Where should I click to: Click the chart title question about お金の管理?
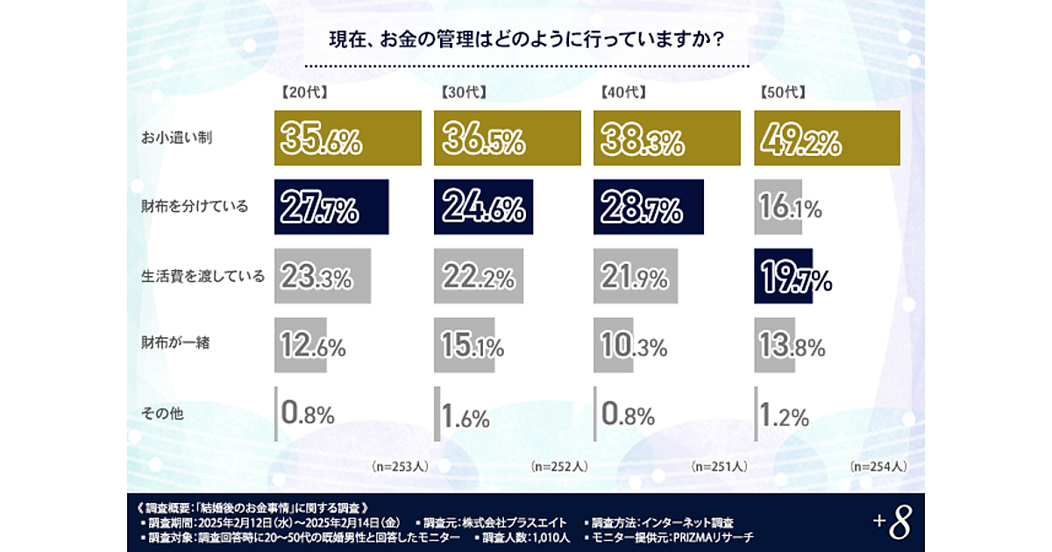(x=526, y=41)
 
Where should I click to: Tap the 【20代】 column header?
(x=303, y=91)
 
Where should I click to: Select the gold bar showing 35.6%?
(x=347, y=138)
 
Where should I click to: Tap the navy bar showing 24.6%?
(x=483, y=207)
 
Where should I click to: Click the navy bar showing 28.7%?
(x=648, y=207)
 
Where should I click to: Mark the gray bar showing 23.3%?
(x=323, y=275)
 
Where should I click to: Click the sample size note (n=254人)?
(x=878, y=467)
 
